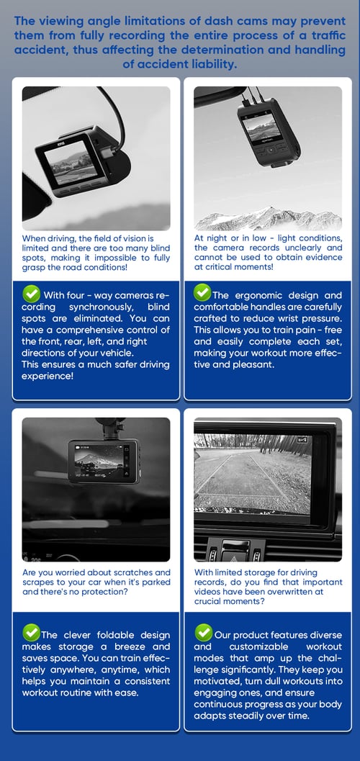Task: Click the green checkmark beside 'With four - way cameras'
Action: [x=31, y=294]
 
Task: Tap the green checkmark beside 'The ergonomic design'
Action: [x=202, y=292]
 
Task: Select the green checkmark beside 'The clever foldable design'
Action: [x=31, y=633]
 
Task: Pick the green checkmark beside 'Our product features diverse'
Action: [x=203, y=633]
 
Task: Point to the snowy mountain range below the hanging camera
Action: [x=269, y=220]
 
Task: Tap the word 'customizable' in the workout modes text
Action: [x=258, y=647]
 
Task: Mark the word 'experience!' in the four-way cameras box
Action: [x=48, y=376]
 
